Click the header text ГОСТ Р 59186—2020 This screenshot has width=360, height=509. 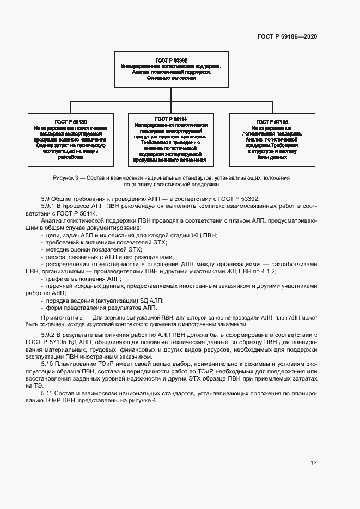pyautogui.click(x=287, y=36)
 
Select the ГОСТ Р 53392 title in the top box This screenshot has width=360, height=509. pyautogui.click(x=171, y=59)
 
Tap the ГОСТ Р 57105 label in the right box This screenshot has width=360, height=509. pyautogui.click(x=272, y=121)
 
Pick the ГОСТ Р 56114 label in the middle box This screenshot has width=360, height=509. pyautogui.click(x=170, y=119)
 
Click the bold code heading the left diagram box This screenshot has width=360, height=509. pyautogui.click(x=71, y=121)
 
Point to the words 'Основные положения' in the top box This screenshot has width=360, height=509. pyautogui.click(x=171, y=78)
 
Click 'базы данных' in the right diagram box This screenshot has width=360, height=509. pyautogui.click(x=272, y=157)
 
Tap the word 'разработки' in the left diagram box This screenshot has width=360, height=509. pyautogui.click(x=71, y=157)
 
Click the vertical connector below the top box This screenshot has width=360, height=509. pyautogui.click(x=171, y=94)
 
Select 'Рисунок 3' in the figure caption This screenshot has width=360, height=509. pyautogui.click(x=66, y=178)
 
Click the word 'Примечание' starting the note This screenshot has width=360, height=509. pyautogui.click(x=59, y=317)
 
